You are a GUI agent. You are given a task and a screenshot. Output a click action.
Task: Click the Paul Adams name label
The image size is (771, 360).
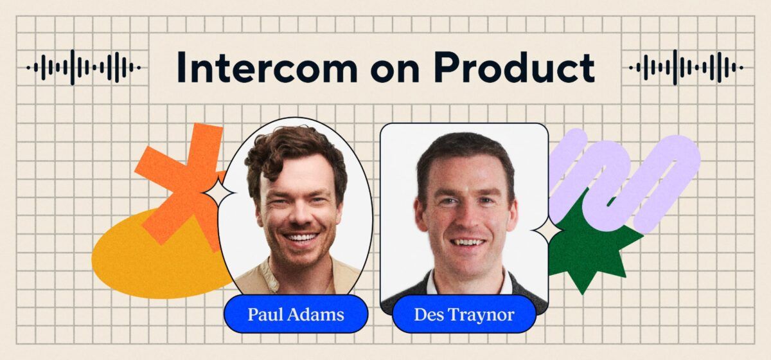296,314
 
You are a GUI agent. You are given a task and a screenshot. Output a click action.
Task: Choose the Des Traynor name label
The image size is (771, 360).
464,314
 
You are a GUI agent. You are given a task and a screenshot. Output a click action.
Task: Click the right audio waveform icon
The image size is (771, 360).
686,67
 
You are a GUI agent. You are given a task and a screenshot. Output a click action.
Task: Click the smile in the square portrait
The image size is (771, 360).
467,242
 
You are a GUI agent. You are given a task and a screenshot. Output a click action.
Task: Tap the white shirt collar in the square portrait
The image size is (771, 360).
443,283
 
